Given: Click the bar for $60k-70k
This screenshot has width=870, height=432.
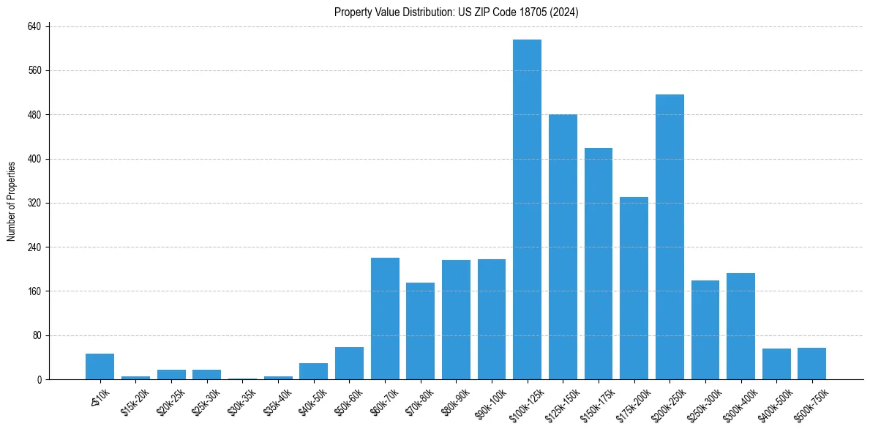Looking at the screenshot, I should [x=385, y=319].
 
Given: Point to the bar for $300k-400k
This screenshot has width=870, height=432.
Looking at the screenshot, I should [x=740, y=326].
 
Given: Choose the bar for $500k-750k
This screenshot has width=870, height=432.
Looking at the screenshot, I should [x=811, y=363].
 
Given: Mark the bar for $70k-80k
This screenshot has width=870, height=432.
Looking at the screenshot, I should [x=420, y=331].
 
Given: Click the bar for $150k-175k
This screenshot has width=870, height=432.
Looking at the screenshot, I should [x=598, y=264].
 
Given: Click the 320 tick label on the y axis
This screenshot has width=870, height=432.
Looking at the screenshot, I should [x=38, y=203].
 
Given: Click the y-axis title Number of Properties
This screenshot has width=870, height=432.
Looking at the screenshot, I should [x=12, y=201].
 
